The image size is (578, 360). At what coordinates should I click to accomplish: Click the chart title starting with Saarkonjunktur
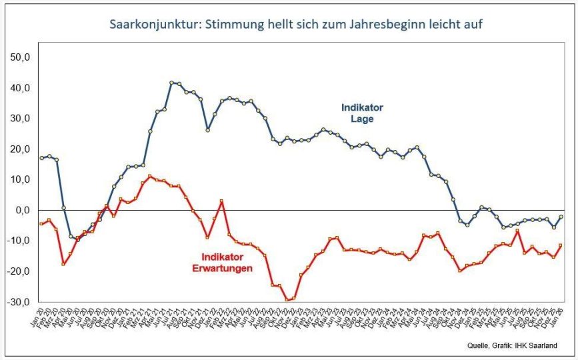(x=295, y=25)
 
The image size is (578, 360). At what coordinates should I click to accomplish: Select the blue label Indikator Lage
(x=362, y=113)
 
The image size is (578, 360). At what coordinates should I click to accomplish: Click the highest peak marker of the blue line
(x=171, y=83)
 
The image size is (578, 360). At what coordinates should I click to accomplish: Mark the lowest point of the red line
(x=287, y=300)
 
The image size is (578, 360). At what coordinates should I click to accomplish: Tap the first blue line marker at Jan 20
(x=41, y=158)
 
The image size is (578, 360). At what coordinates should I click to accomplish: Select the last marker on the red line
(x=561, y=245)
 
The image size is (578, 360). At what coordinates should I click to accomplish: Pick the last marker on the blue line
(x=561, y=217)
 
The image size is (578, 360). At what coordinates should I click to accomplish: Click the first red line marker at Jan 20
(x=41, y=224)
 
